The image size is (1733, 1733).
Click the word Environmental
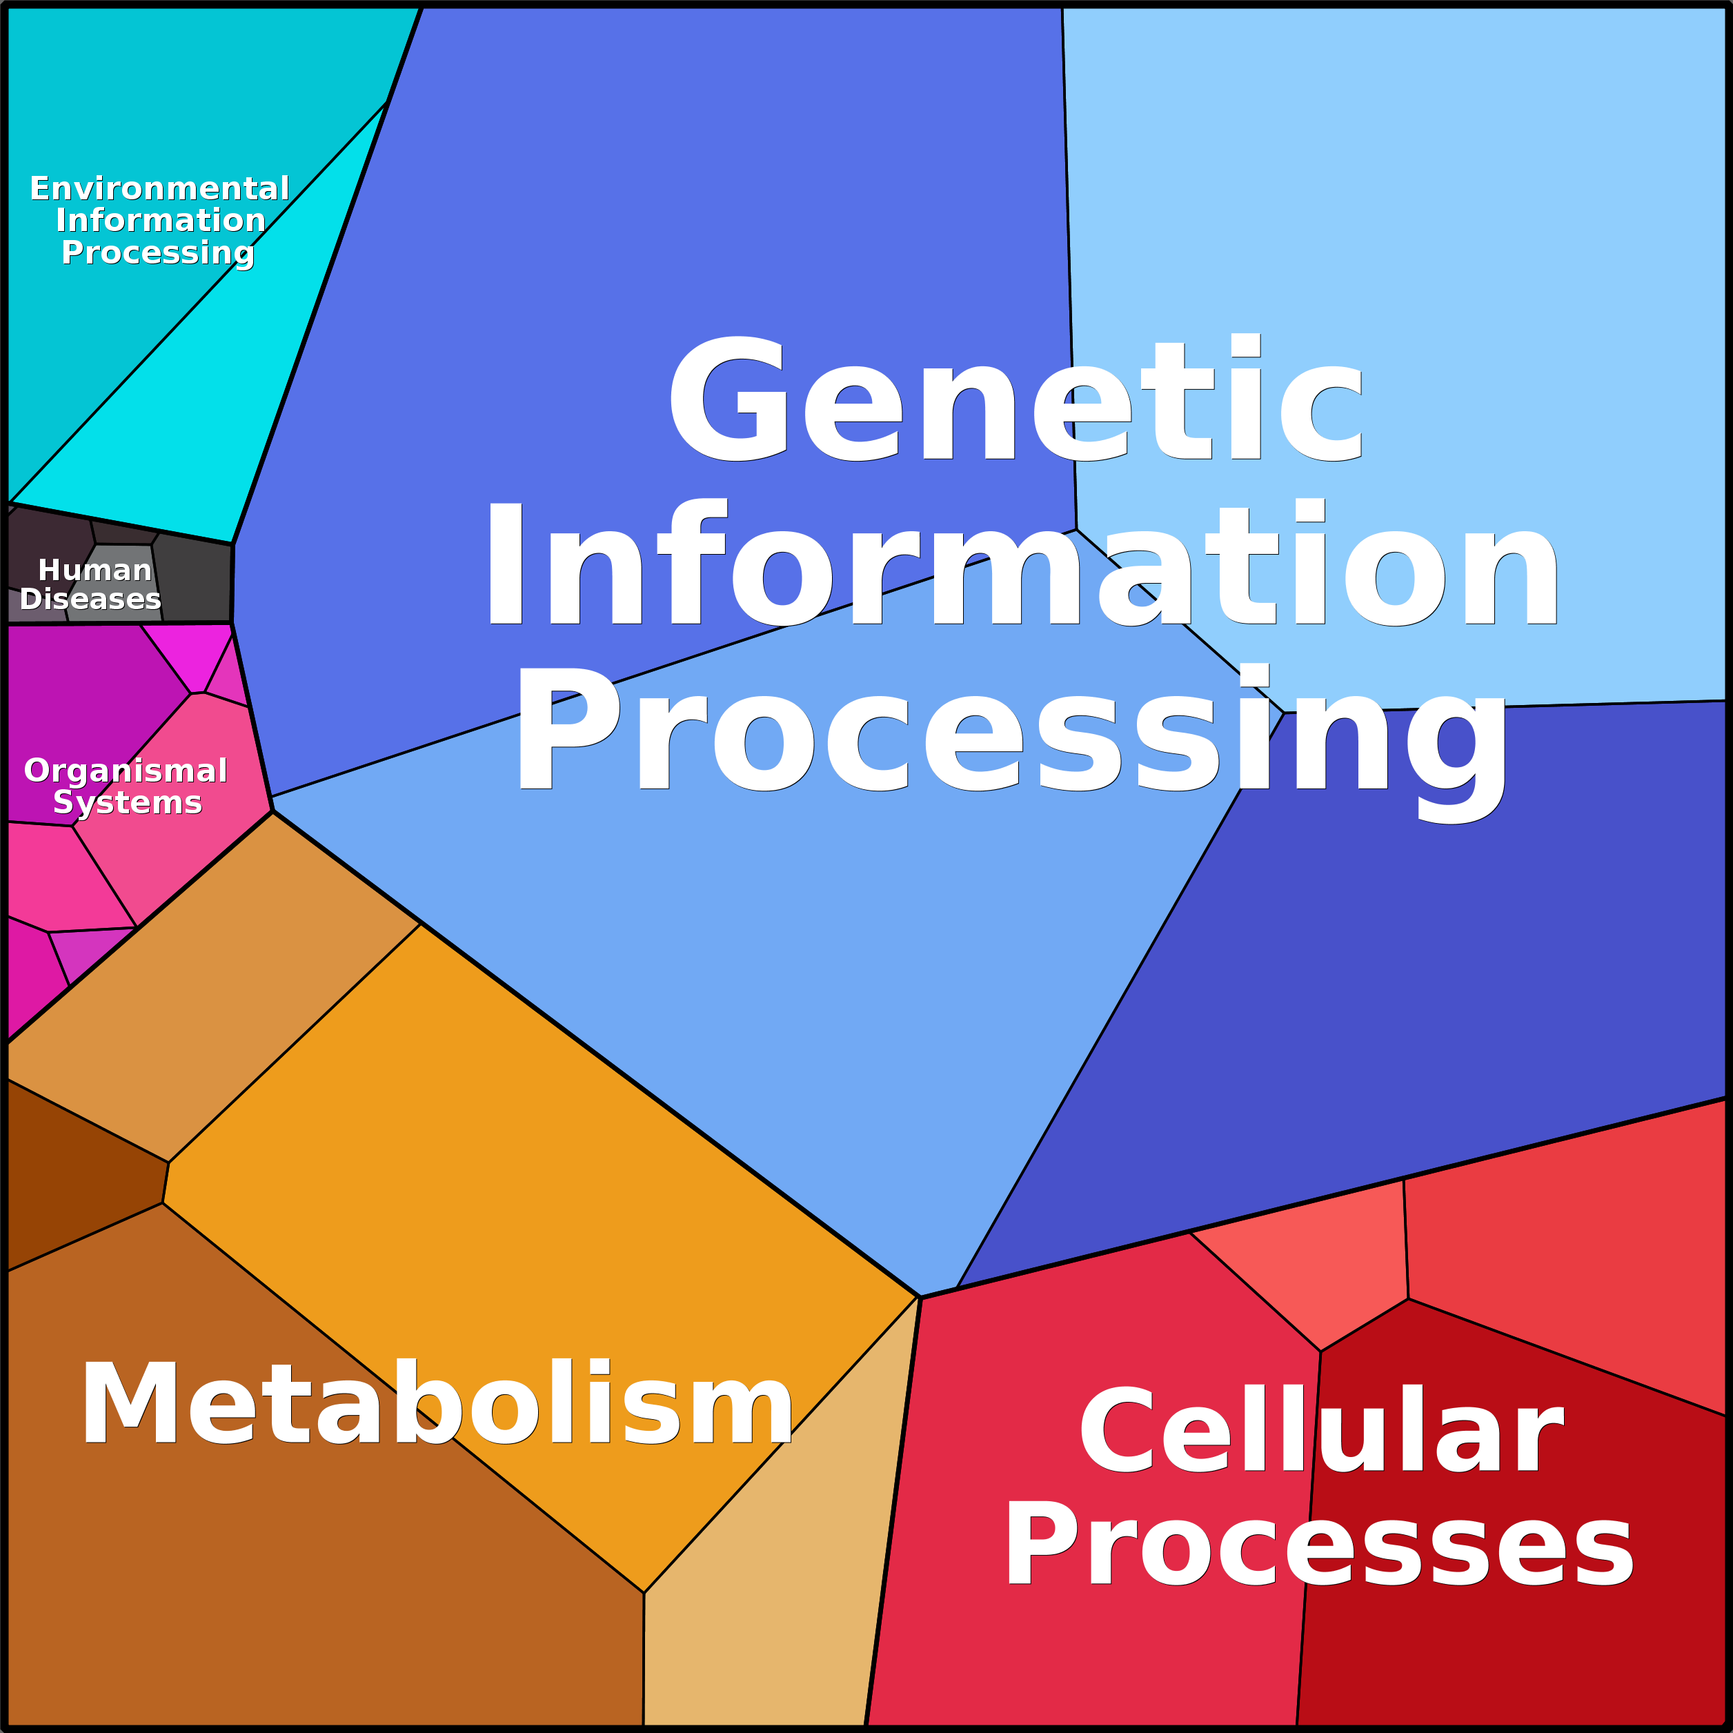point(159,189)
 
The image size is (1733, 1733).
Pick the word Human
point(95,571)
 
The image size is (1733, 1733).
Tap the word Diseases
point(90,600)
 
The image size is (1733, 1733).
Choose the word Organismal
point(126,771)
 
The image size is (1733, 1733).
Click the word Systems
point(128,802)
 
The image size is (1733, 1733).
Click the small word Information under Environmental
point(161,221)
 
